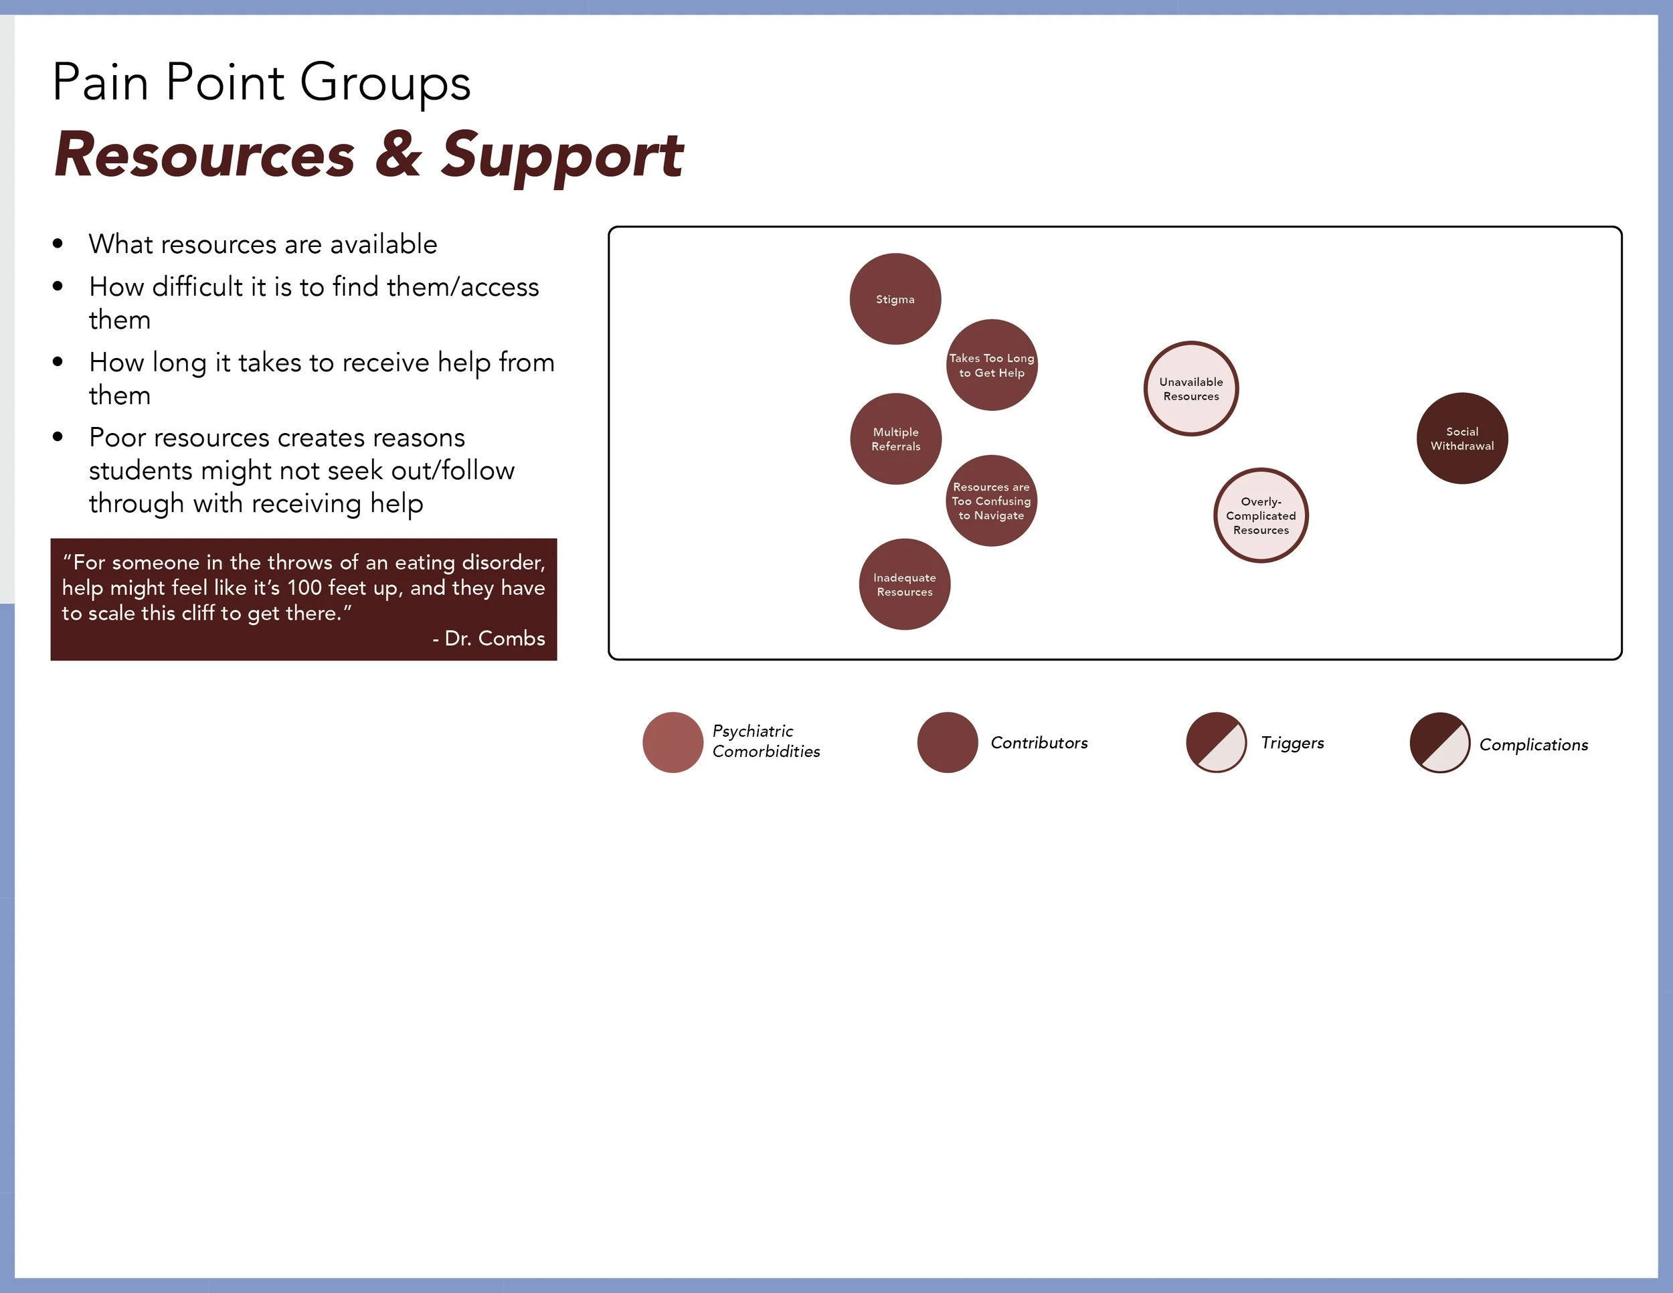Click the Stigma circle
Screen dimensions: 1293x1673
[895, 298]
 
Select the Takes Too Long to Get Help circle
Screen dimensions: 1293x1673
[992, 365]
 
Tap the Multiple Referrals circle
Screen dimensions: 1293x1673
[895, 439]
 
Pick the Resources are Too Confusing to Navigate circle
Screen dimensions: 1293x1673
[991, 501]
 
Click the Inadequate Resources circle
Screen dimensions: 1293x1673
[905, 584]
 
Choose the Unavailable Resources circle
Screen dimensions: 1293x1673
[1191, 388]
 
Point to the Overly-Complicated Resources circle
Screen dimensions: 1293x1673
[1261, 515]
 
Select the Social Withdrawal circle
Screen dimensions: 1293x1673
[1462, 438]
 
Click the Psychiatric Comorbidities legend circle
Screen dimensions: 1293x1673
[673, 742]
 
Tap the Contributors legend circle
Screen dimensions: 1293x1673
[948, 742]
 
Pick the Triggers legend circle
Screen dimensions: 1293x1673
[1217, 742]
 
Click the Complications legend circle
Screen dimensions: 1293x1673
[1440, 743]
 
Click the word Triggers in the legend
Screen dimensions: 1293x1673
[1292, 742]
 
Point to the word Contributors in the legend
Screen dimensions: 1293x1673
[1039, 742]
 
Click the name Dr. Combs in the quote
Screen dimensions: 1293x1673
[494, 638]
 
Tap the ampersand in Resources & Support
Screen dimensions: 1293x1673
[398, 155]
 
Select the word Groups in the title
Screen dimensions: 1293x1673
[385, 83]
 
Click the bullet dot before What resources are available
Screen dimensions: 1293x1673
[58, 244]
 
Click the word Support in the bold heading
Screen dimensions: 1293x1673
[562, 156]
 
